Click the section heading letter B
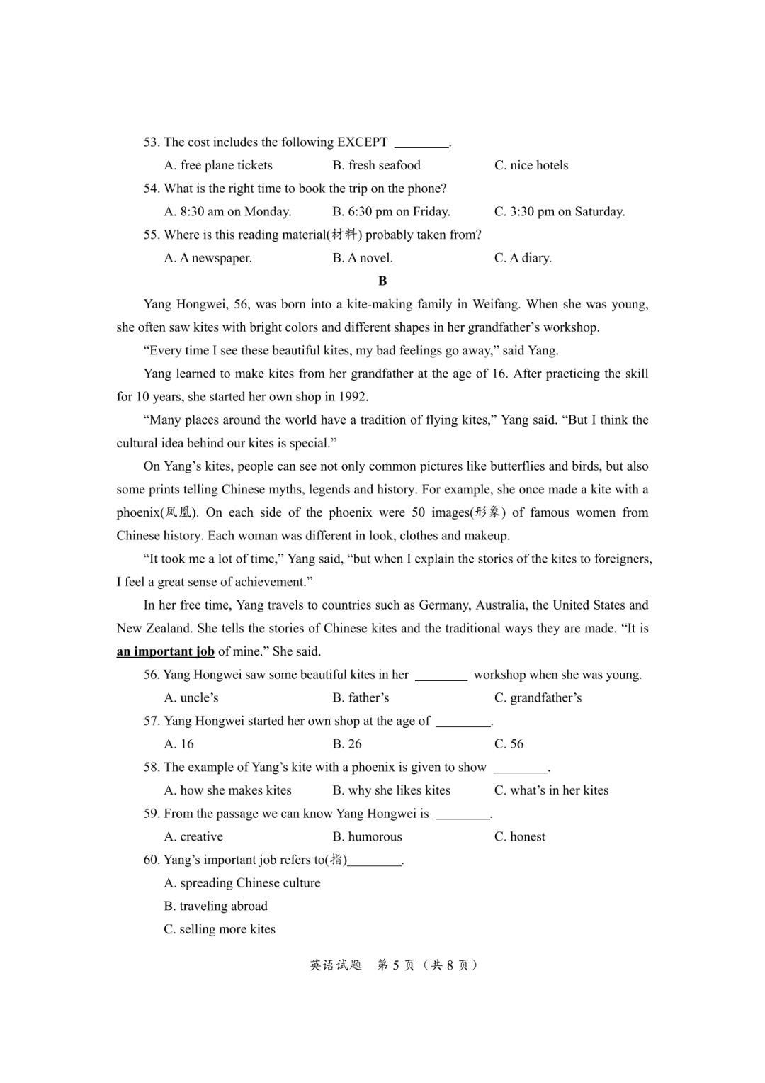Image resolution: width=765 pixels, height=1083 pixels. pos(382,281)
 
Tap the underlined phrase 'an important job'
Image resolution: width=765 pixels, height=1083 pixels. pos(165,651)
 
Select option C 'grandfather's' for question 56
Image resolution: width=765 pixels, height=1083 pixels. pos(538,697)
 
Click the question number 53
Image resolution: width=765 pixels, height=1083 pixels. pos(152,142)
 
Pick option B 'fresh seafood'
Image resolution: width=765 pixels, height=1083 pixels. pos(376,165)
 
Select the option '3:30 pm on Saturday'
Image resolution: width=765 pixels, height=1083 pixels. pos(559,211)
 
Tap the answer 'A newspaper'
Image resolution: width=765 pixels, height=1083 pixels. pos(208,258)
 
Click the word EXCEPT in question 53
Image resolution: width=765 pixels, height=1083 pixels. pos(362,142)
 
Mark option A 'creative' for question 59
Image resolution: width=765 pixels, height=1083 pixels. pos(193,836)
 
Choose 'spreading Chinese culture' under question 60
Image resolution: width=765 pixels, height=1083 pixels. pos(242,882)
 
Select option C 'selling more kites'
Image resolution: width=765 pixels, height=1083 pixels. pos(220,928)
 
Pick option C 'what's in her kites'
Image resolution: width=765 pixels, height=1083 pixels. pos(551,790)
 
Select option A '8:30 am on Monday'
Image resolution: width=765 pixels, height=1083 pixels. pos(227,211)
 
